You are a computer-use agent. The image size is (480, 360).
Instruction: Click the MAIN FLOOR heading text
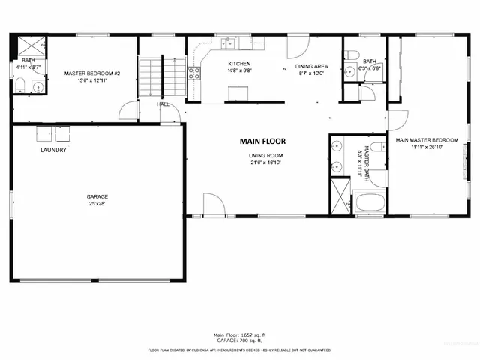(x=262, y=141)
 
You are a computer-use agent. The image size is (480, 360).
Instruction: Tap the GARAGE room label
(x=97, y=196)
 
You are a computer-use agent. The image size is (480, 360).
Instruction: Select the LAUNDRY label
(x=53, y=150)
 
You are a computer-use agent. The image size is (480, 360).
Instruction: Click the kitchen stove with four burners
(x=193, y=73)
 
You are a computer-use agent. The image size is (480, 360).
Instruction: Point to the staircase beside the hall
(x=152, y=75)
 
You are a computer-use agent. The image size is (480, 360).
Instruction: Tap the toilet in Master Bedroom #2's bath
(x=21, y=84)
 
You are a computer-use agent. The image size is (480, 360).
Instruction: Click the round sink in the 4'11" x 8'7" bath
(x=37, y=87)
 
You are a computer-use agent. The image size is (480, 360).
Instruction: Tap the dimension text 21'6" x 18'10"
(x=265, y=162)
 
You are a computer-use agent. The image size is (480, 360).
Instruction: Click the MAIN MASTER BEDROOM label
(x=427, y=140)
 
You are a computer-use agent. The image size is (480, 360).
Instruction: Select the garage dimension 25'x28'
(x=97, y=204)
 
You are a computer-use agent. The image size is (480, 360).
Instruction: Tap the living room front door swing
(x=214, y=204)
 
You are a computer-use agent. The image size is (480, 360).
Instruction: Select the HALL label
(x=163, y=104)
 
